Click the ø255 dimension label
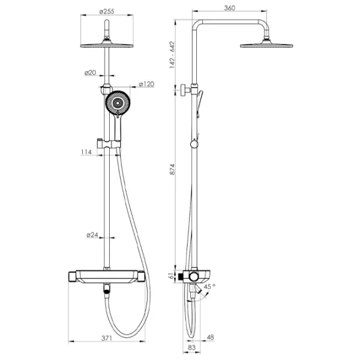107,11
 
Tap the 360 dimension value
230,8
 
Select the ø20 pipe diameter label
90,73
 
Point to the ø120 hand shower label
146,84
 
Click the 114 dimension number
86,152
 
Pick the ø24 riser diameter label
92,235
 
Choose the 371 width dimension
107,338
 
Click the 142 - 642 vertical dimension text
172,55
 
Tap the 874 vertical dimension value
172,169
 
